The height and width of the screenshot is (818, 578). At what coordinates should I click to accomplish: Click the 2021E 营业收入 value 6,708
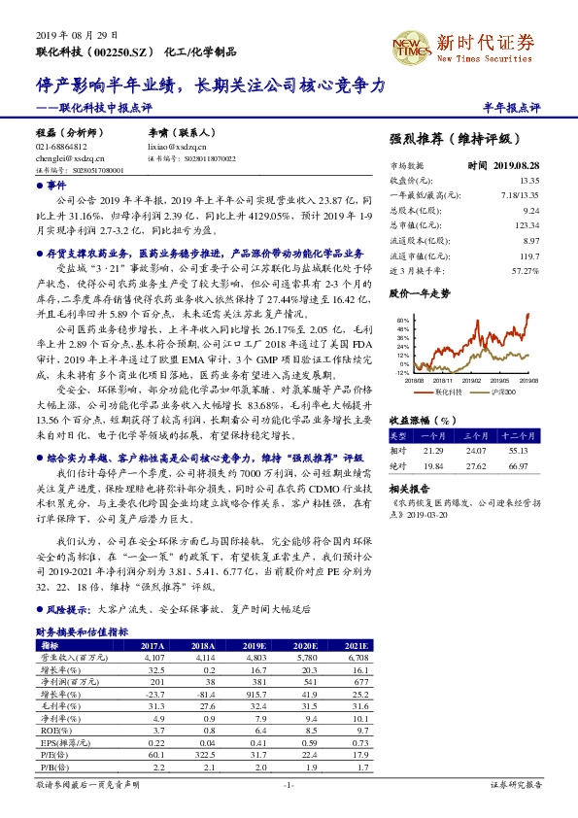click(x=358, y=657)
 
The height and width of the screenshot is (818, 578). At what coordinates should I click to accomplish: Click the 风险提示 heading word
click(x=65, y=608)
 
